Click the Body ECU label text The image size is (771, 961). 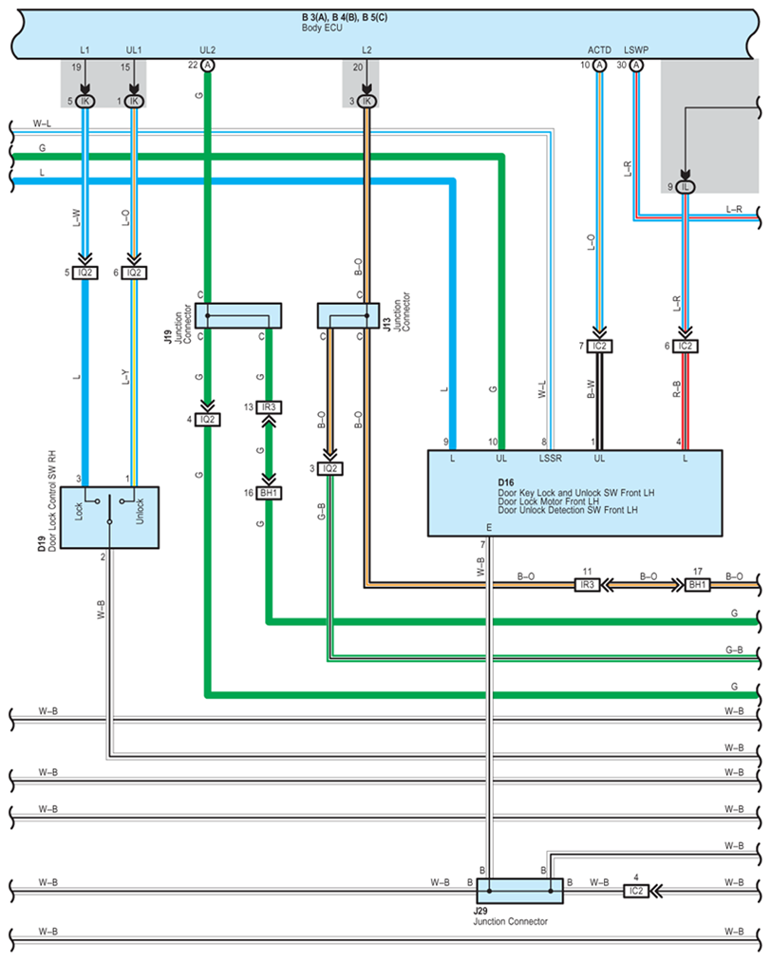click(x=322, y=28)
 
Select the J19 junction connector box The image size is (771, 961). click(x=237, y=315)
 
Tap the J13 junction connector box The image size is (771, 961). click(x=348, y=315)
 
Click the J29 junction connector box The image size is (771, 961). click(x=519, y=891)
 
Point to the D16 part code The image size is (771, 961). click(x=506, y=483)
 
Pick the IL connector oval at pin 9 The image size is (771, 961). click(x=686, y=187)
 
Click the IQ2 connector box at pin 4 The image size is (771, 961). click(x=207, y=420)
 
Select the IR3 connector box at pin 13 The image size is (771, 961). click(x=269, y=407)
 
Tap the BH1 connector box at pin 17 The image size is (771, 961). click(x=698, y=585)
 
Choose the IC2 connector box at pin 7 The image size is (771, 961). click(x=599, y=347)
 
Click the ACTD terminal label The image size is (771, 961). click(x=599, y=50)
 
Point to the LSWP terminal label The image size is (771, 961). click(x=636, y=50)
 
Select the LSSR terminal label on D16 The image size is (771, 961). click(x=551, y=459)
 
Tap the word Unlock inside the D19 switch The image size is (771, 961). click(x=140, y=511)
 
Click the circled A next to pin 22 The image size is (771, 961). click(x=208, y=65)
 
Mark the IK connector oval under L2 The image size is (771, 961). click(x=367, y=101)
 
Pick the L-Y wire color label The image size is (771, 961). click(x=125, y=377)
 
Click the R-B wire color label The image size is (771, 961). click(x=677, y=389)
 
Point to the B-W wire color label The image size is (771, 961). click(x=591, y=389)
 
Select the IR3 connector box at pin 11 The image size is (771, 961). click(x=587, y=585)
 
